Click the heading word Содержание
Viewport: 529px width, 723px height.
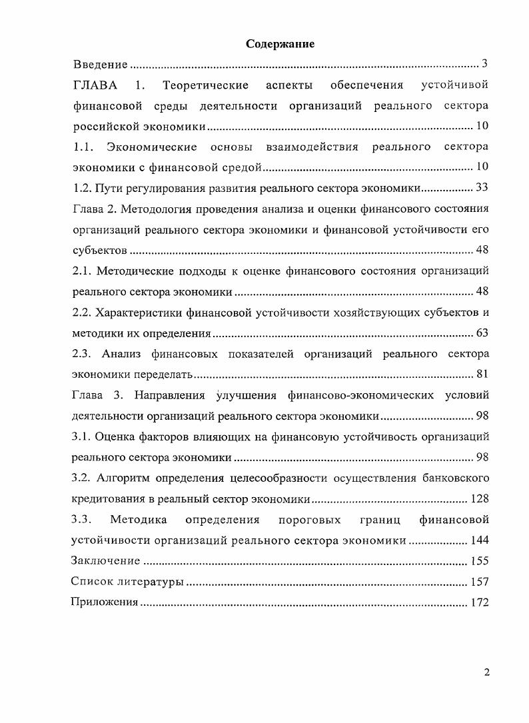coord(280,44)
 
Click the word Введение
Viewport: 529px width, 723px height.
coord(100,65)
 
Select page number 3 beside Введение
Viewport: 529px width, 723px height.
coord(486,64)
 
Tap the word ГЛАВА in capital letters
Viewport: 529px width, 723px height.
coord(95,85)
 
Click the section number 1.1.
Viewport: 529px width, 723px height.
coord(84,147)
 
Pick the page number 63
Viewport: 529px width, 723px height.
coord(481,333)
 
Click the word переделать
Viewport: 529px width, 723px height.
coord(160,374)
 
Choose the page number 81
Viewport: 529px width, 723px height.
coord(481,374)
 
